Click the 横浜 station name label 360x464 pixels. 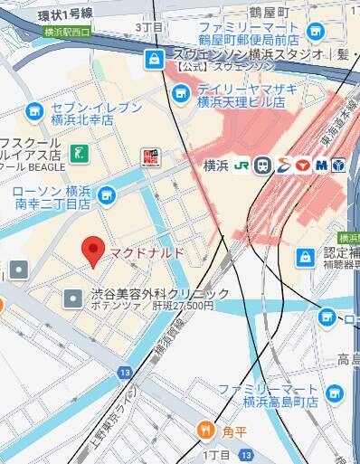point(216,165)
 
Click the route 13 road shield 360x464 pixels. point(124,373)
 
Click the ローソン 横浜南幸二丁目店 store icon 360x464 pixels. point(107,194)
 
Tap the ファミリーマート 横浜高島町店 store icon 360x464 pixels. point(336,393)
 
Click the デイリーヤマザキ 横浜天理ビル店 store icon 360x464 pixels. point(181,91)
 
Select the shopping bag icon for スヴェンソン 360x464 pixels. point(153,59)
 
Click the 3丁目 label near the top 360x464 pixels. point(149,28)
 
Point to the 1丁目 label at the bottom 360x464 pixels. point(219,454)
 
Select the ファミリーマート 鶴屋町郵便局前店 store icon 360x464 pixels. point(315,33)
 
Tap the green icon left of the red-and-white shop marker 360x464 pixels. point(81,153)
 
